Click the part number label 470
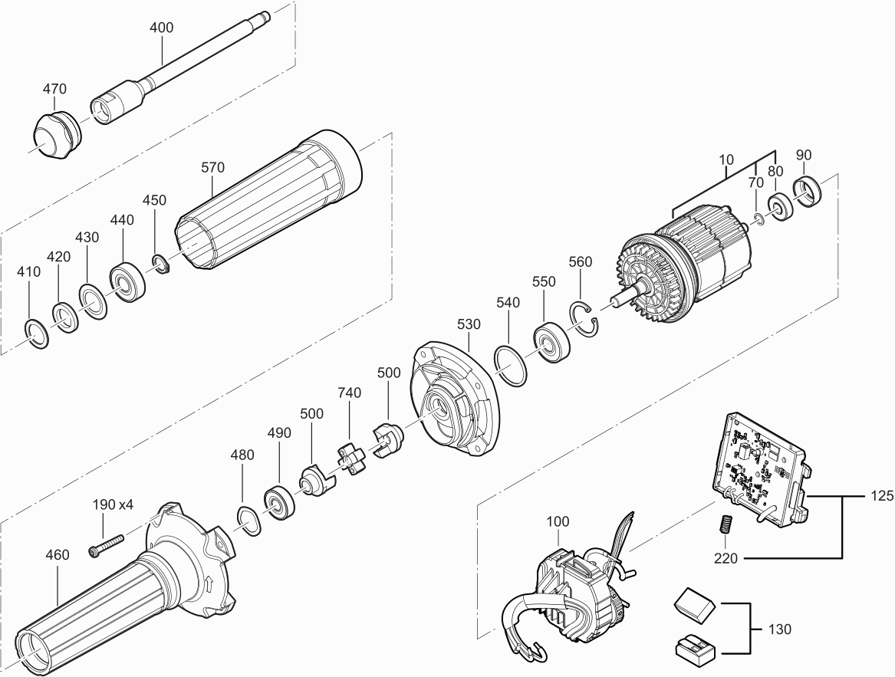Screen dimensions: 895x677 tap(54, 89)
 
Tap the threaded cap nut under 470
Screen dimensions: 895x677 tap(55, 135)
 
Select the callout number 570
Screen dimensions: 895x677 tap(213, 168)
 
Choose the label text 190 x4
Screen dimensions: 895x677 tap(113, 505)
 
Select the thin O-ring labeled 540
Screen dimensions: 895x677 tap(511, 366)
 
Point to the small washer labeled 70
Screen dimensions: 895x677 tap(758, 219)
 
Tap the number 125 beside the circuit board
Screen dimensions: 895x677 tap(883, 496)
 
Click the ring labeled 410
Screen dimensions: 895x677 tap(37, 334)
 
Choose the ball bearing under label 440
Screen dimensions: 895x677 tap(127, 282)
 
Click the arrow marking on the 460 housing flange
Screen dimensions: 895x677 tap(210, 584)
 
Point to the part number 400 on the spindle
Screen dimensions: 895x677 tap(162, 28)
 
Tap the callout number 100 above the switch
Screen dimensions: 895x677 tap(558, 521)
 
